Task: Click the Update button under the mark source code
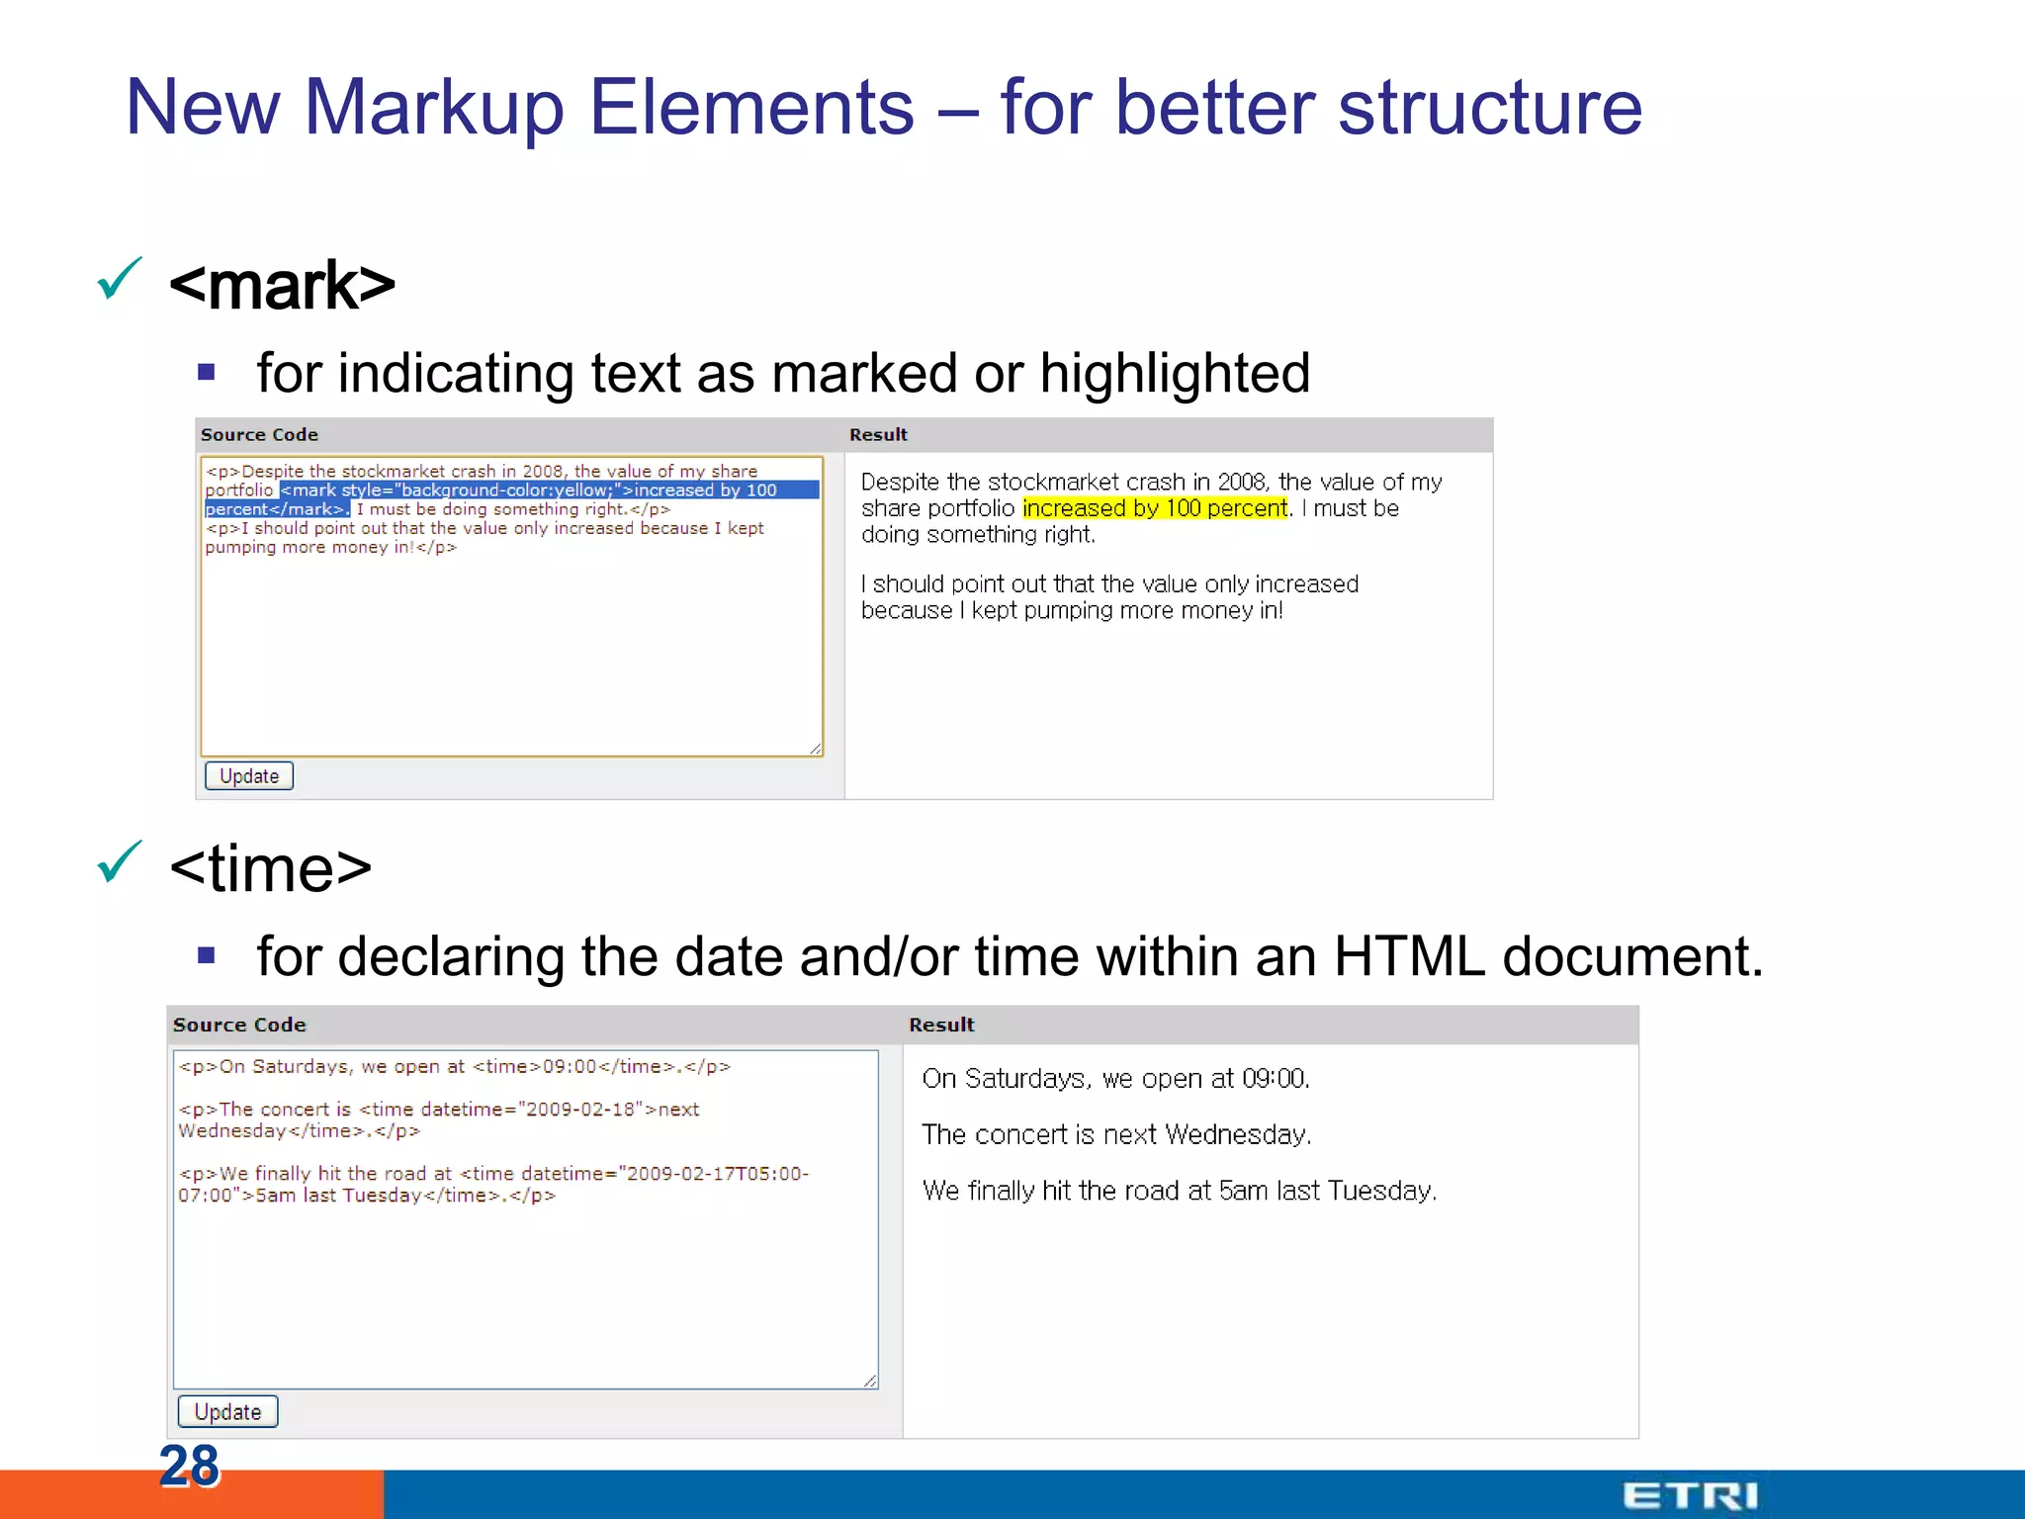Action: (x=248, y=776)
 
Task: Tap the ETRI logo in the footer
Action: (x=1690, y=1495)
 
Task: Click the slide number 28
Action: (x=189, y=1465)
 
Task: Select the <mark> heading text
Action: (x=283, y=286)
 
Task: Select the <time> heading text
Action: (x=271, y=869)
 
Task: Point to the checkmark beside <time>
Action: (x=120, y=861)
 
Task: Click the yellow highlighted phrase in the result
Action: (x=1155, y=508)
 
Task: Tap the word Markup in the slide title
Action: (x=433, y=108)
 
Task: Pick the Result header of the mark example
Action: (x=878, y=435)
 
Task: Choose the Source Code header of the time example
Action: (x=239, y=1026)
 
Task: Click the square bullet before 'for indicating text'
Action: (x=206, y=373)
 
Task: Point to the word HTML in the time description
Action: (x=1409, y=957)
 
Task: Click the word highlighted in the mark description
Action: (x=1175, y=374)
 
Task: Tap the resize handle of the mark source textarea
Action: (x=816, y=749)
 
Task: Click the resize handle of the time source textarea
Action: (x=870, y=1381)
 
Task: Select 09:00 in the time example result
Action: (x=1275, y=1079)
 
